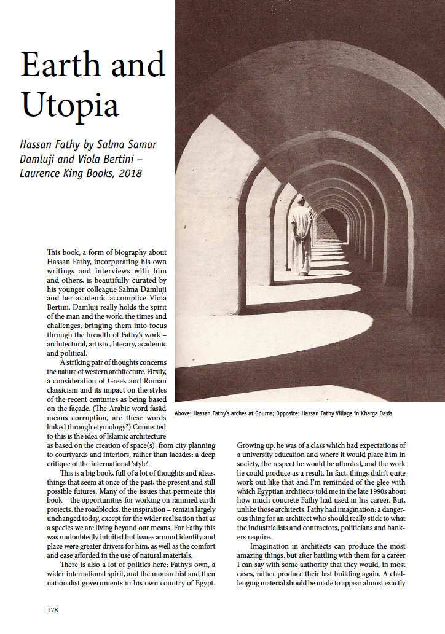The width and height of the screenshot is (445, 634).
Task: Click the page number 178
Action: click(x=53, y=611)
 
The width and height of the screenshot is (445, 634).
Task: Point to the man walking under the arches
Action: click(x=301, y=237)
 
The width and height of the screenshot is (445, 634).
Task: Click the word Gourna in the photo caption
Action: click(x=266, y=413)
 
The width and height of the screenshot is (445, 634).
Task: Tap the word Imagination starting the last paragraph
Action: click(x=275, y=546)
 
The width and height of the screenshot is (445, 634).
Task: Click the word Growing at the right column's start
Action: click(x=253, y=445)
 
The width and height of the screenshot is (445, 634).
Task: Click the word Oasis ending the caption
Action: click(x=383, y=413)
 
